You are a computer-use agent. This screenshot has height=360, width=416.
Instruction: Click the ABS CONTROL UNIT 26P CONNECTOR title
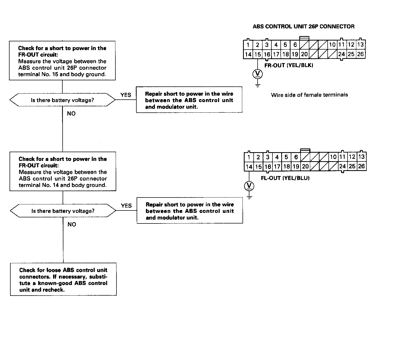[x=304, y=27]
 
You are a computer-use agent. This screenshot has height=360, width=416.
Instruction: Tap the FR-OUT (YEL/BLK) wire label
[x=289, y=65]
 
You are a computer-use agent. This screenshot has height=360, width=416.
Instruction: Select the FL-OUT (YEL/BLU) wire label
[x=285, y=178]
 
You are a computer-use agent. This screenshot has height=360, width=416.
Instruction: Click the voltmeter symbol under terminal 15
[x=257, y=74]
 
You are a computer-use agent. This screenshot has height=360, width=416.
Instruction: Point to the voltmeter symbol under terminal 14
[x=249, y=186]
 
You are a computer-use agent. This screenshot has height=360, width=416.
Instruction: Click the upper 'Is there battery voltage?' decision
[x=62, y=100]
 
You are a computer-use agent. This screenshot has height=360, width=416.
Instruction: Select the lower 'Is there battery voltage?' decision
[x=63, y=211]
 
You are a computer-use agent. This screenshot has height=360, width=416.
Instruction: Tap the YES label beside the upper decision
[x=126, y=95]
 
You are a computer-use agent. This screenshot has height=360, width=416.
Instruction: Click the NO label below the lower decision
[x=72, y=225]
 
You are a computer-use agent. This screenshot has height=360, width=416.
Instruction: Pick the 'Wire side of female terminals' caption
[x=309, y=95]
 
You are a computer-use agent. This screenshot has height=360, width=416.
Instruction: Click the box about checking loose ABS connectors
[x=63, y=279]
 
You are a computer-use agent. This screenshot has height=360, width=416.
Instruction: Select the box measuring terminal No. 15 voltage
[x=62, y=61]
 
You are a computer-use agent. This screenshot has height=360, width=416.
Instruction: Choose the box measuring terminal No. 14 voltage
[x=63, y=172]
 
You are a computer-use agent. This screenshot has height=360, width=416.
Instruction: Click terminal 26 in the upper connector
[x=360, y=54]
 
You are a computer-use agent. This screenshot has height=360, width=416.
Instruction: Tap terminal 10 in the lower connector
[x=333, y=157]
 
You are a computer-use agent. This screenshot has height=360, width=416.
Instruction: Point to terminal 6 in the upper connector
[x=295, y=45]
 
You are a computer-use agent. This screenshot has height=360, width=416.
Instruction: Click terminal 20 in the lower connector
[x=305, y=166]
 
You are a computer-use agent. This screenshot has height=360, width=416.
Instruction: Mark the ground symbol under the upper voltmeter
[x=257, y=85]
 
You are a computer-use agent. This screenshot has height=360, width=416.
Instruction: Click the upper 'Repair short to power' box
[x=189, y=100]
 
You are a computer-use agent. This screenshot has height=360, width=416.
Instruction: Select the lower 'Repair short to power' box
[x=190, y=211]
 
